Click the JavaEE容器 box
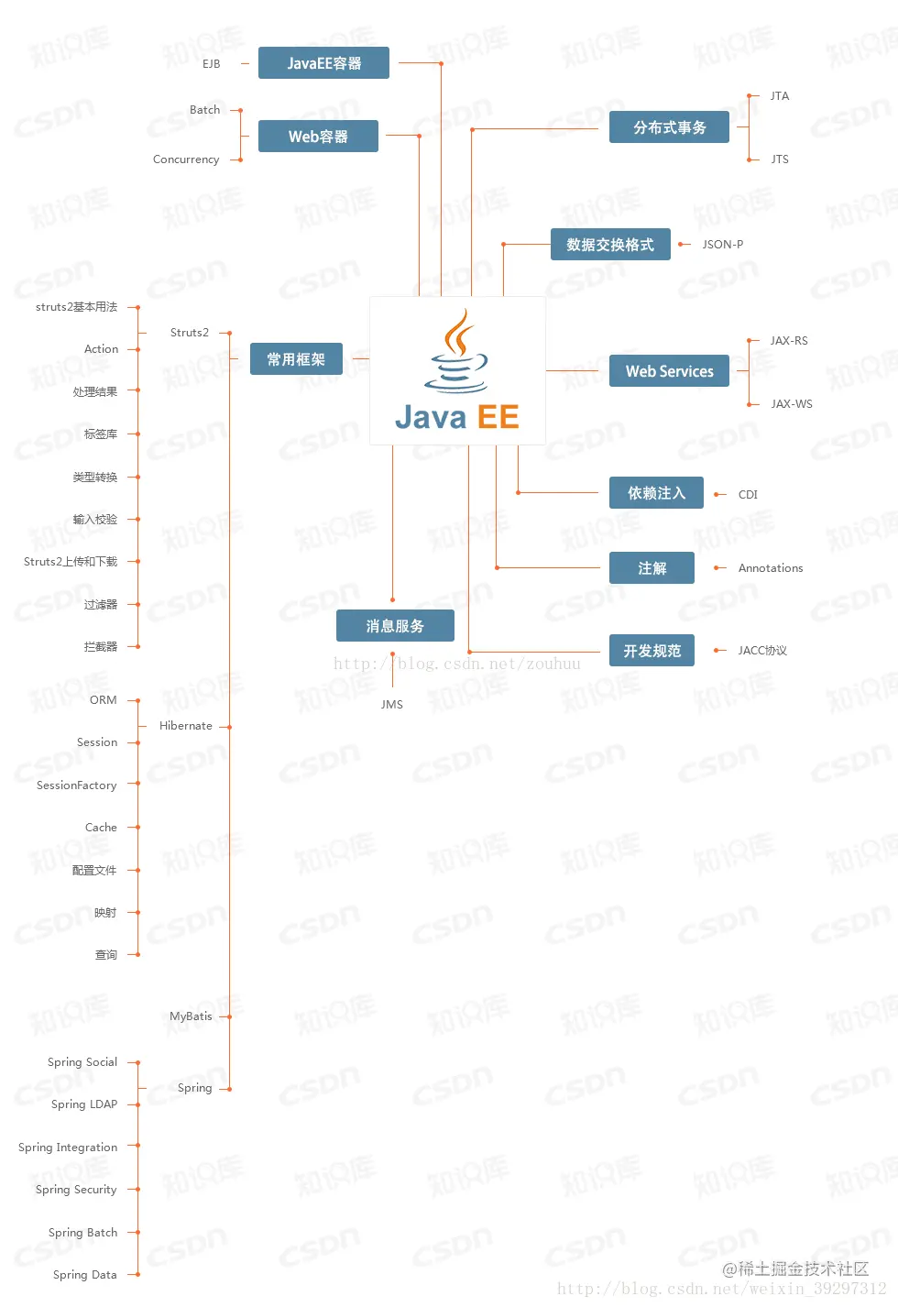(x=323, y=63)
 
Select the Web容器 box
(x=318, y=137)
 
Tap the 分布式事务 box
(x=669, y=127)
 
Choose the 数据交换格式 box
(x=610, y=245)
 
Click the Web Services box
(x=669, y=371)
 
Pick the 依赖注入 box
(x=656, y=493)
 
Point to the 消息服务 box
(x=395, y=626)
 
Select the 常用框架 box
(x=296, y=359)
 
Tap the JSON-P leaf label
(x=722, y=245)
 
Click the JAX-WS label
(x=791, y=404)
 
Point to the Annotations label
(x=770, y=568)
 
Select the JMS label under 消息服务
(x=392, y=705)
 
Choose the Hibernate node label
(x=186, y=726)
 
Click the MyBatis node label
(x=191, y=1016)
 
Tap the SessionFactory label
(x=77, y=785)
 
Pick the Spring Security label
(x=76, y=1190)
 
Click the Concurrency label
(x=186, y=159)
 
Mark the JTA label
(x=779, y=96)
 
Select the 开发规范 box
(x=652, y=651)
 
